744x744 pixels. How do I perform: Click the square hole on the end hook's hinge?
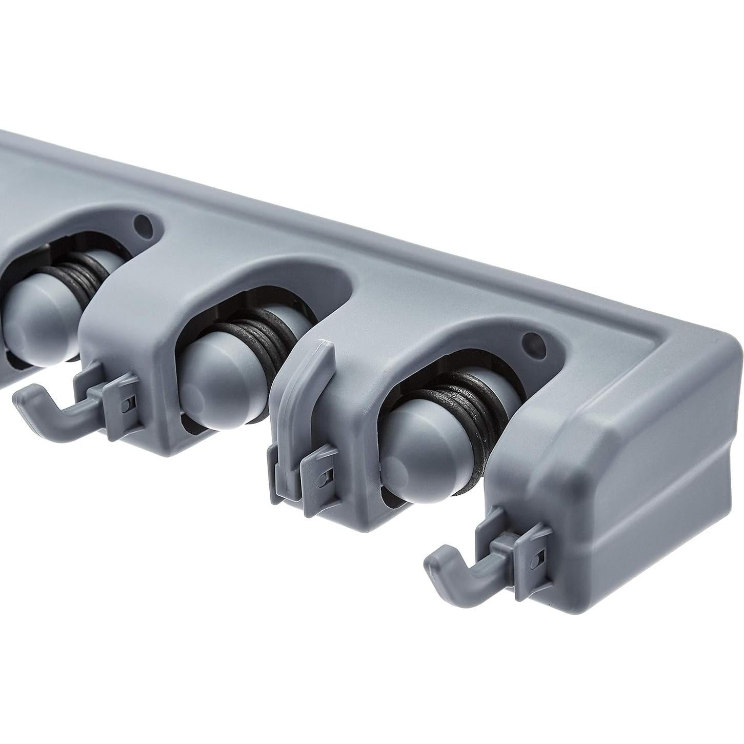[535, 561]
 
